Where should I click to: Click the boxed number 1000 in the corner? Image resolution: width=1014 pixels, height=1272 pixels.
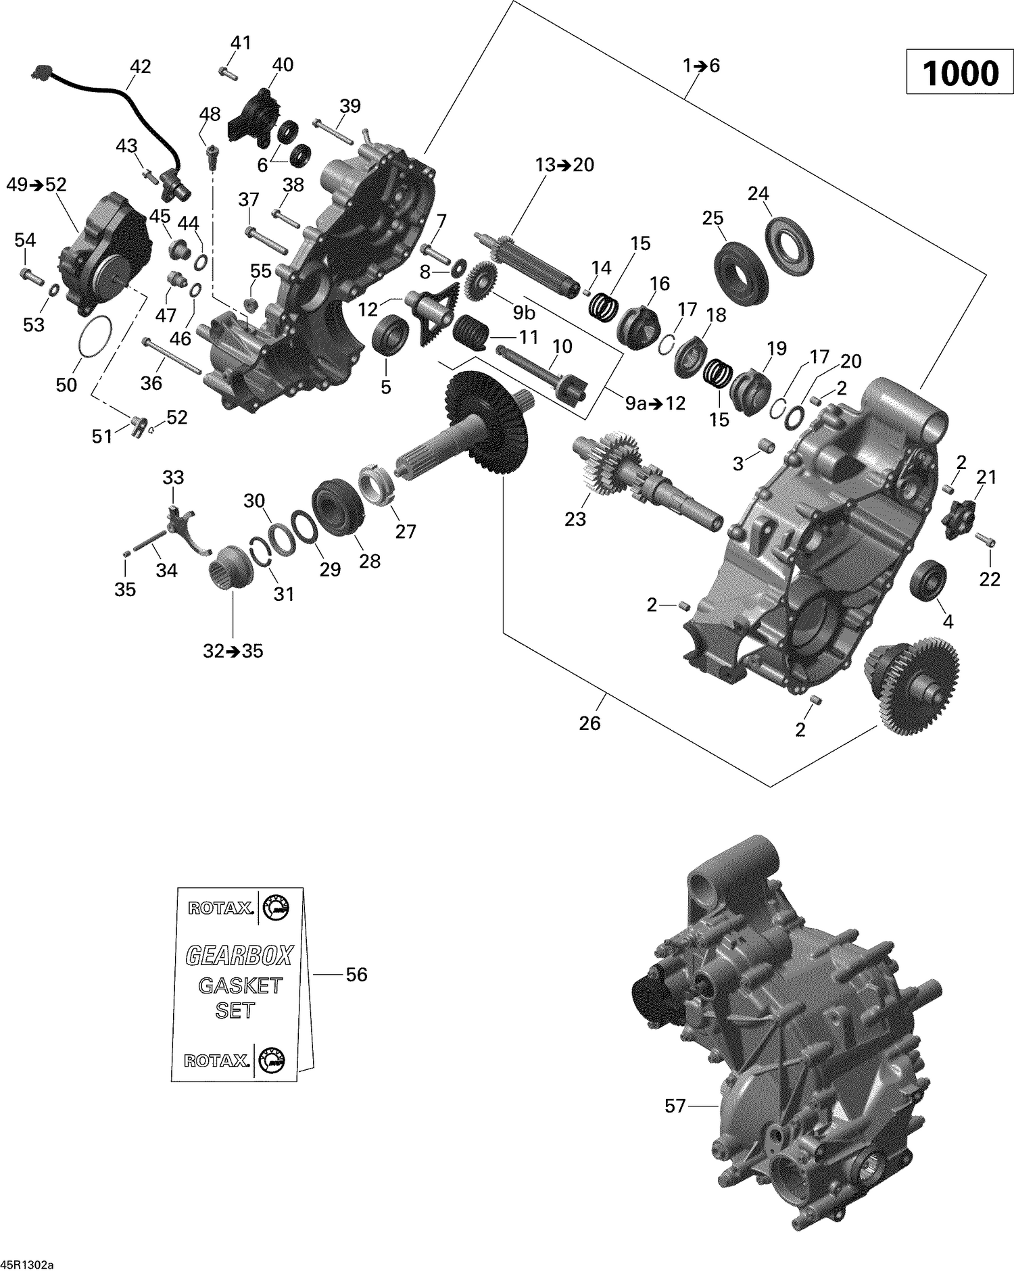pyautogui.click(x=960, y=73)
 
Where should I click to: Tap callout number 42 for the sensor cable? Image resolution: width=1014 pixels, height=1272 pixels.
pyautogui.click(x=140, y=67)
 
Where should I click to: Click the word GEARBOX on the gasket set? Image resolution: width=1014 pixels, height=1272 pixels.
pyautogui.click(x=239, y=956)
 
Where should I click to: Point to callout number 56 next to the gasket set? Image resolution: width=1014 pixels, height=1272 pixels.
pyautogui.click(x=356, y=975)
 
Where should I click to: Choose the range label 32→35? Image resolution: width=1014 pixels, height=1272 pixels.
pyautogui.click(x=233, y=652)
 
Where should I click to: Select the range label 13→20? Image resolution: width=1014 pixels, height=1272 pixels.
pyautogui.click(x=564, y=165)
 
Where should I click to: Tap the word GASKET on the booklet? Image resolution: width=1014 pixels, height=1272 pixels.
pyautogui.click(x=239, y=985)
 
